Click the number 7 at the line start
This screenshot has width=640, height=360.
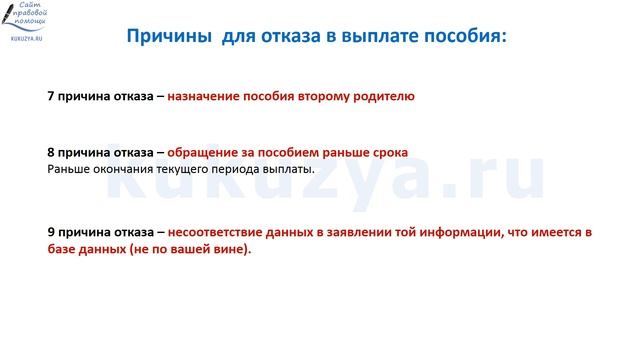tap(51, 97)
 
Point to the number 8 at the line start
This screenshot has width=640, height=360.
tap(51, 153)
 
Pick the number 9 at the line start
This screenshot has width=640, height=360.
tap(51, 232)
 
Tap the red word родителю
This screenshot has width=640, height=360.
tap(381, 97)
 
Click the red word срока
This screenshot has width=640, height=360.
tap(388, 153)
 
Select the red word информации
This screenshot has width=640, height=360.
tap(466, 232)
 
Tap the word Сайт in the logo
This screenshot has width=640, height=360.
tap(36, 9)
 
